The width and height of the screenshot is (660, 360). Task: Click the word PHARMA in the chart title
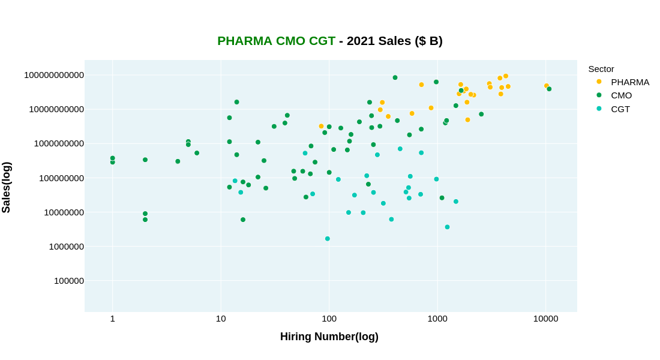click(244, 41)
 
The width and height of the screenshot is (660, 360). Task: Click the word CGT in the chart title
click(322, 41)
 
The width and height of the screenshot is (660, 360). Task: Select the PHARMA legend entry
click(629, 82)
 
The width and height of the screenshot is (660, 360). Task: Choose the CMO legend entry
click(621, 95)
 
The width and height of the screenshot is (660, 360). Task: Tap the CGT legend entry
click(620, 109)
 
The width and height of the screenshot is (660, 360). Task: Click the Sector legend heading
click(601, 69)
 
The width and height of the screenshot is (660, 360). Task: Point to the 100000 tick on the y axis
click(69, 281)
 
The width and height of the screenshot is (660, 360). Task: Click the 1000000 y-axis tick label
click(67, 247)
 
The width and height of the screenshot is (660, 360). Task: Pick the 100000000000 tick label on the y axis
click(54, 75)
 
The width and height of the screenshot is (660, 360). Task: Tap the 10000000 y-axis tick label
click(64, 212)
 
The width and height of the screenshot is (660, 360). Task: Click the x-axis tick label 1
click(112, 319)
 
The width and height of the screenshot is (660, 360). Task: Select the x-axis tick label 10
click(221, 319)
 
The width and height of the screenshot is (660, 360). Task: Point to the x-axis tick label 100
click(329, 319)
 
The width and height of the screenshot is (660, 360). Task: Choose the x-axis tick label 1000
click(437, 319)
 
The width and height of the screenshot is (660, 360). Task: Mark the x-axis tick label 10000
click(545, 319)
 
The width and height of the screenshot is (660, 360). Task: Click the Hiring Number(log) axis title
click(329, 337)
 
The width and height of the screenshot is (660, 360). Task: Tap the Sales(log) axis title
click(7, 187)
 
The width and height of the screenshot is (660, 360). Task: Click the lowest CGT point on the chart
click(328, 239)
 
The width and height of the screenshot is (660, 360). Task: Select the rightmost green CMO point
click(549, 89)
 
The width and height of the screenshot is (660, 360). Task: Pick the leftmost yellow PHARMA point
click(321, 127)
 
